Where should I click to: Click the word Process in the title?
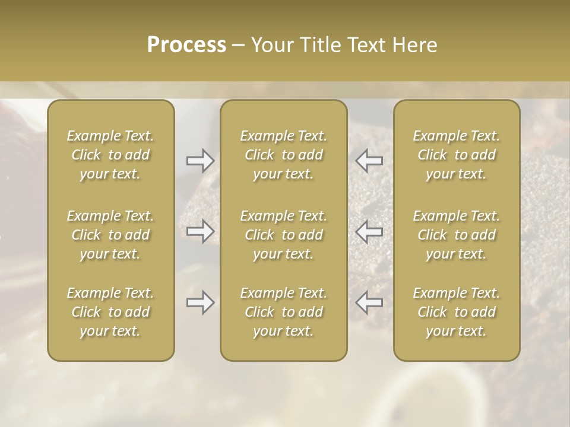click(x=186, y=45)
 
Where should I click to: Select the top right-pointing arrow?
click(x=200, y=161)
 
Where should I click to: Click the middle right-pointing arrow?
click(x=200, y=231)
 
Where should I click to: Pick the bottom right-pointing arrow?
click(x=200, y=302)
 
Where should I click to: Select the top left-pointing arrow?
click(x=369, y=161)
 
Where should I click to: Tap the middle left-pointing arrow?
click(x=369, y=231)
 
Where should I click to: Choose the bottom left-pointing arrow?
click(x=369, y=302)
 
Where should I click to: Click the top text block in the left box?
click(x=110, y=155)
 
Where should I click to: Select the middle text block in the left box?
click(x=110, y=235)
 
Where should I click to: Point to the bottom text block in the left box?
click(x=110, y=312)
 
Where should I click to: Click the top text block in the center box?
click(x=284, y=155)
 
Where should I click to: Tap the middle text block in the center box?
click(x=284, y=235)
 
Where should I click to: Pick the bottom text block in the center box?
click(x=284, y=312)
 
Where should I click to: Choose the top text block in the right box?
click(x=457, y=155)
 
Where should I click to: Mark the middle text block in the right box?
click(x=457, y=235)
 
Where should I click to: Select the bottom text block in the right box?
click(x=457, y=312)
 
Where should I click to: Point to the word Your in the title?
click(x=270, y=45)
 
